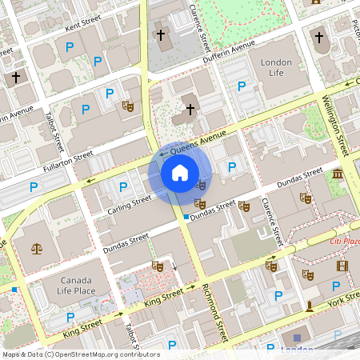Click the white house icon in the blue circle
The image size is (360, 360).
180,172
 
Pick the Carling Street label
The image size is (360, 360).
129,204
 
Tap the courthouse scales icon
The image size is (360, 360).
36,247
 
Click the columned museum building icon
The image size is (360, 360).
338,174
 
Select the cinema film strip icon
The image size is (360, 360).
342,266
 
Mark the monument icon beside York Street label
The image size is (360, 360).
310,306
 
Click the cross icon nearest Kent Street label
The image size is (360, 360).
16,78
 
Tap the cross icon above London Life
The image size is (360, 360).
318,37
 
